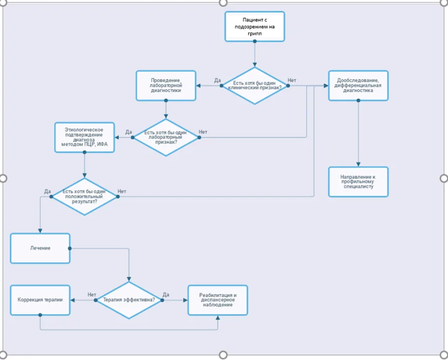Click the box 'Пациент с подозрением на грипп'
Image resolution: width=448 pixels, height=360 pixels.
click(255, 27)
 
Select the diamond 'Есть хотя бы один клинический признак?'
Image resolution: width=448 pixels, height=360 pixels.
click(255, 86)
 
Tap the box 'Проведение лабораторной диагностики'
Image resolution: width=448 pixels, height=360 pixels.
click(165, 86)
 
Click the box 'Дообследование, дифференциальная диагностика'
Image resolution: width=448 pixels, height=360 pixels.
click(358, 86)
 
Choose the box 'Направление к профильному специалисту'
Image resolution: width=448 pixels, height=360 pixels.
click(358, 182)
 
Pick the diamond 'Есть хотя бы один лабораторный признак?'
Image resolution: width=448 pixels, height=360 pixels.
click(165, 137)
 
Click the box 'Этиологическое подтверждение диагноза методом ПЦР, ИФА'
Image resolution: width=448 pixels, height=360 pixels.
click(85, 137)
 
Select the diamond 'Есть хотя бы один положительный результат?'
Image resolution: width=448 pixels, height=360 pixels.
click(85, 197)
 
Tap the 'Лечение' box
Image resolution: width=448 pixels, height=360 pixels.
click(40, 249)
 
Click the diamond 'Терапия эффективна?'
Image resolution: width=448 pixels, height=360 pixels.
click(129, 300)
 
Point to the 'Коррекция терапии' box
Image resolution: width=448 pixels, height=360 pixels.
click(40, 300)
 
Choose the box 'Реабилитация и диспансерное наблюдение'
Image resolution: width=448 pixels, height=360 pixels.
click(218, 300)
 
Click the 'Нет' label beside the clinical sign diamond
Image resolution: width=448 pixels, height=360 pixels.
click(292, 80)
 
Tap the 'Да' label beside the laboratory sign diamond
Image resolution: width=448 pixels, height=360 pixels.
click(129, 132)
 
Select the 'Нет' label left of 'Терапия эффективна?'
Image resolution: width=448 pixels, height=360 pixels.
click(92, 294)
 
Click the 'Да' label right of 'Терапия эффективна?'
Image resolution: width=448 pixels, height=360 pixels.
click(166, 294)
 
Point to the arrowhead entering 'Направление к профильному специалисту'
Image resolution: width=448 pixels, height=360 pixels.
click(358, 164)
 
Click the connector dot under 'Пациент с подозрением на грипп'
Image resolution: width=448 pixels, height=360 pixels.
click(255, 41)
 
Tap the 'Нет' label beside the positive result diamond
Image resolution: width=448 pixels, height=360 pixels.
click(122, 191)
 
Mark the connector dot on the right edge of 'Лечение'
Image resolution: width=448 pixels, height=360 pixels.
click(70, 249)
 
